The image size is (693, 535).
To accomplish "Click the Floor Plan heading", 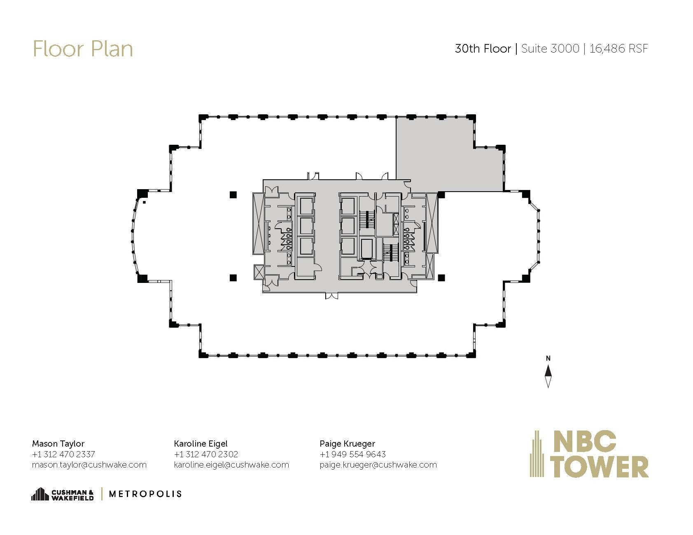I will coord(82,49).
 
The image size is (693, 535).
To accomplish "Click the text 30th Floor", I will coord(483,49).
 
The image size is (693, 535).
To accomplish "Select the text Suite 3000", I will coord(550,49).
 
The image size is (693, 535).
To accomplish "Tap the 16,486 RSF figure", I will coord(618,49).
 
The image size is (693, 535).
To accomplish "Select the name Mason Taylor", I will coord(58,444).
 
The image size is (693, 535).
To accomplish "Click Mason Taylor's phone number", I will coord(63,454).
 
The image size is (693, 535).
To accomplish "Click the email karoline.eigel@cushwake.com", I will coord(231,465).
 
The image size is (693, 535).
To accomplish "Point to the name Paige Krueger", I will coord(347,444).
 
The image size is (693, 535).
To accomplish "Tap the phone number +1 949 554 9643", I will coord(352,454).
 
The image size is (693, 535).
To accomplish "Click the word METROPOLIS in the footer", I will coord(145,494).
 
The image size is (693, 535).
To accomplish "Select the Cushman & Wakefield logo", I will coord(63,494).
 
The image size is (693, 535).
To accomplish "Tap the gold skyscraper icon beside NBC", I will coord(537,454).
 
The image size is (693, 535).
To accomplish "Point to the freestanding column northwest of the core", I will coord(233,195).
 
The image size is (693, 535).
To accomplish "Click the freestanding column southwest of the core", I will coord(233,278).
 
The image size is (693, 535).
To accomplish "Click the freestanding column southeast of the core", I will coord(441,278).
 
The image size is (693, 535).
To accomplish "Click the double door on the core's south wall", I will coord(331,295).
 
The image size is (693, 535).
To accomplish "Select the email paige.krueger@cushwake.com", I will coord(378,465).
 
